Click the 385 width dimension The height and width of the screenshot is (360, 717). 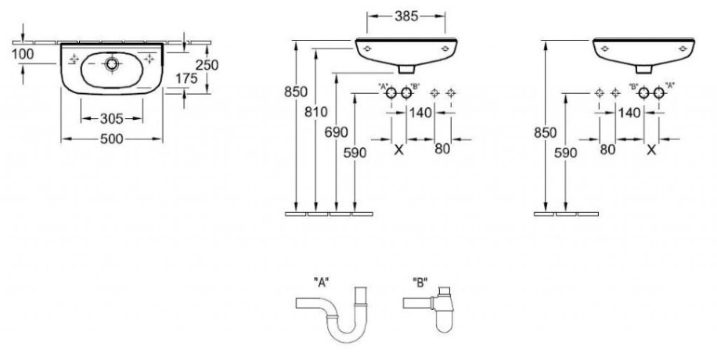pyautogui.click(x=406, y=16)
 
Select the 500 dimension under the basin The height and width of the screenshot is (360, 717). pyautogui.click(x=112, y=139)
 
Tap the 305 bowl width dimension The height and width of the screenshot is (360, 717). pyautogui.click(x=112, y=119)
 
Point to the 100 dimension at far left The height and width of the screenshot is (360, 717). pyautogui.click(x=23, y=54)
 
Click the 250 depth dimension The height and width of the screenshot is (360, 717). pyautogui.click(x=207, y=65)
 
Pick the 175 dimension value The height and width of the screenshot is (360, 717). pyautogui.click(x=186, y=79)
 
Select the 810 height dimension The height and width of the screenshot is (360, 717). pyautogui.click(x=316, y=112)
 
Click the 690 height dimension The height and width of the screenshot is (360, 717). pyautogui.click(x=336, y=132)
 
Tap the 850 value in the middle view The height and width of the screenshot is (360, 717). pyautogui.click(x=296, y=92)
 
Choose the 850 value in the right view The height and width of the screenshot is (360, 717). pyautogui.click(x=546, y=133)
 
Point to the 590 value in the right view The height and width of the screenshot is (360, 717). pyautogui.click(x=566, y=153)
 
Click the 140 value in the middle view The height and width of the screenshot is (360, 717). pyautogui.click(x=420, y=112)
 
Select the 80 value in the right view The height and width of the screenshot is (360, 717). pyautogui.click(x=607, y=149)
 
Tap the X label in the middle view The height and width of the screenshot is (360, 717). pyautogui.click(x=398, y=149)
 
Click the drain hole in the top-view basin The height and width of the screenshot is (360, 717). pyautogui.click(x=112, y=64)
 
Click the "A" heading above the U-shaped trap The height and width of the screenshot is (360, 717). pyautogui.click(x=322, y=283)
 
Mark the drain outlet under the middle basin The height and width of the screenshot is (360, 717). pyautogui.click(x=406, y=69)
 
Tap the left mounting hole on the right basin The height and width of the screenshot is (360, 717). pyautogui.click(x=604, y=48)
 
